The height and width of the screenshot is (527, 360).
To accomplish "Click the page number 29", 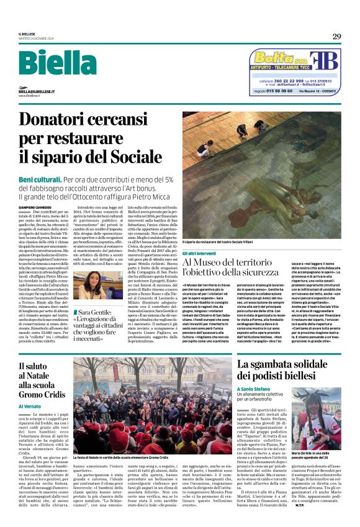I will (x=336, y=37).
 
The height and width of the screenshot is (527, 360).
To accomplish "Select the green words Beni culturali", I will (x=40, y=180).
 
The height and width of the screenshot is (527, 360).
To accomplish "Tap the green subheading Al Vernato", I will (x=30, y=405).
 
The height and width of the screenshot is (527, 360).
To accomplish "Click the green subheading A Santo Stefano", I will (x=255, y=389).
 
